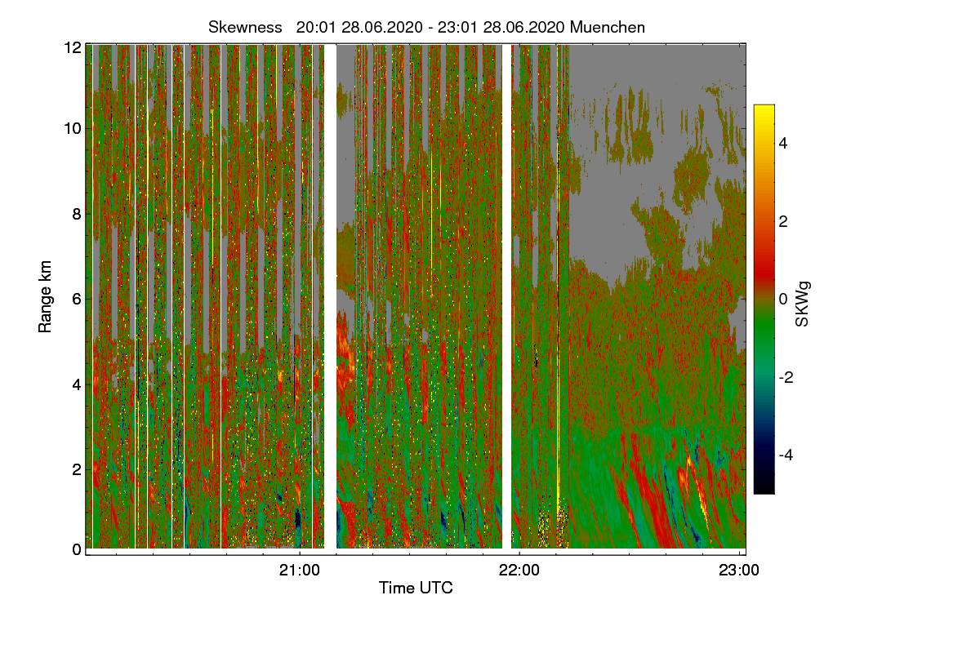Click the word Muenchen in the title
tap(608, 27)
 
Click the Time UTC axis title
tap(416, 588)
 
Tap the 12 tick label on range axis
tap(72, 47)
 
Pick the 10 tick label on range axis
tap(72, 129)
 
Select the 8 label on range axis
tap(76, 214)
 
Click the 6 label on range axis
tap(76, 299)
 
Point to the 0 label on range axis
tap(76, 549)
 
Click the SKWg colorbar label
tap(803, 304)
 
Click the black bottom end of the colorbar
tap(764, 489)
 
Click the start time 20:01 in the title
tap(313, 27)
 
